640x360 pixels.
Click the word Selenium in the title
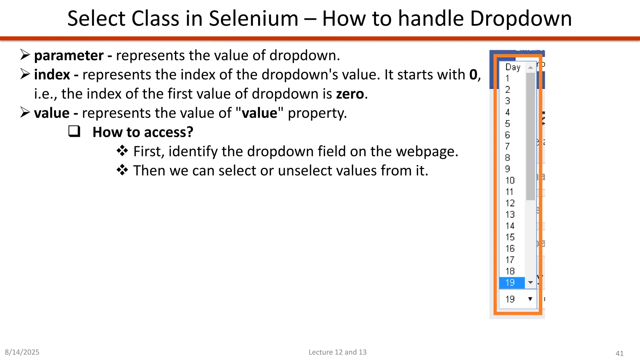click(253, 18)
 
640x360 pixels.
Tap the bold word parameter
click(69, 56)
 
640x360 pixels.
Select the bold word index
click(52, 75)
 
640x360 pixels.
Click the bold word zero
click(350, 94)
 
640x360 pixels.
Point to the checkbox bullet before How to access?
click(74, 132)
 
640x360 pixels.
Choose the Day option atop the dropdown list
click(513, 67)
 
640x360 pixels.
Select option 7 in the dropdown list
click(507, 146)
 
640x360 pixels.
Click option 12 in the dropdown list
click(510, 203)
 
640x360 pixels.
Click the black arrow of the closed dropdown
click(530, 299)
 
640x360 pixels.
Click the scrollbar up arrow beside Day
click(530, 67)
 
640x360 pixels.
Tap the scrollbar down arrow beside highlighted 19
click(530, 282)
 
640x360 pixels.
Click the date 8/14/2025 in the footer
click(22, 352)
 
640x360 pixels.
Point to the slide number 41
click(619, 353)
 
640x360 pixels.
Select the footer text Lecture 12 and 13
click(337, 352)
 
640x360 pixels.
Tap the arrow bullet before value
click(25, 112)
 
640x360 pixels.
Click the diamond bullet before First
click(122, 151)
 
